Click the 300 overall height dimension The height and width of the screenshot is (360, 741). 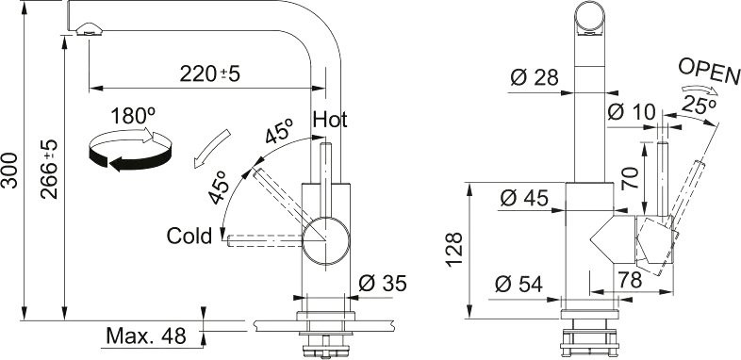[x=10, y=171]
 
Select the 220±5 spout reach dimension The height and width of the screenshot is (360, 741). [x=210, y=74]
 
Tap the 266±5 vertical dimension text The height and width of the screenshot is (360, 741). [x=49, y=169]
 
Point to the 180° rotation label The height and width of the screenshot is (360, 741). [x=133, y=116]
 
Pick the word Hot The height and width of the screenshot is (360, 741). [x=330, y=120]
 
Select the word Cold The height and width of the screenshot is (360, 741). [x=189, y=236]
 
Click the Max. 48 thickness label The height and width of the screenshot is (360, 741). [x=146, y=335]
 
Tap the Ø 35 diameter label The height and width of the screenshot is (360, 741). [x=383, y=284]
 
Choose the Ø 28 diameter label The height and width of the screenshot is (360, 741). [x=535, y=77]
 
